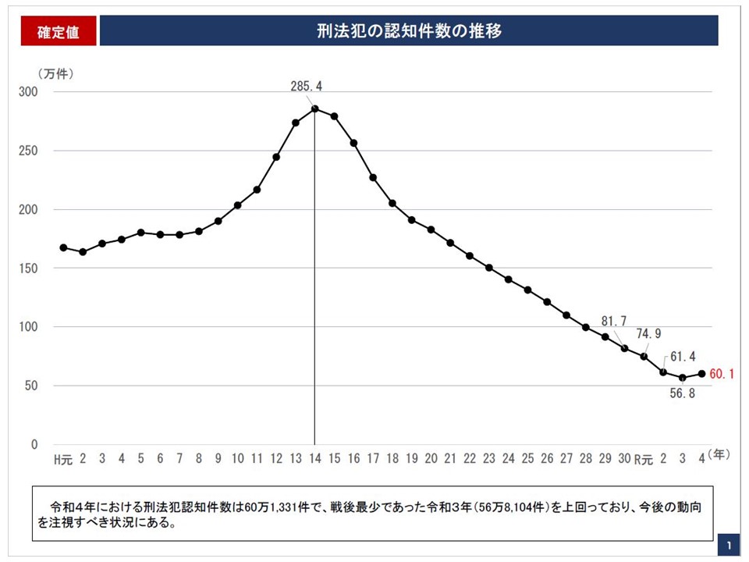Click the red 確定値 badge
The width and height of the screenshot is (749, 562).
coord(58,32)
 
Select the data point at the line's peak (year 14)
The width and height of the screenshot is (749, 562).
coord(314,109)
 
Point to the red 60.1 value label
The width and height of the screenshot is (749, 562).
coord(722,374)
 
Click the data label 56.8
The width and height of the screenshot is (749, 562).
coord(682,393)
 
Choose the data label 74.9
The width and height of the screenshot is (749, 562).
coord(648,334)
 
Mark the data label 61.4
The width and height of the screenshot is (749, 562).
coord(680,357)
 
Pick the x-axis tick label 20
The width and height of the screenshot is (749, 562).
coord(431,459)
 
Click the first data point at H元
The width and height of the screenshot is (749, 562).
coord(63,247)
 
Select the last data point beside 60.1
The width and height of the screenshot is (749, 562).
coord(701,374)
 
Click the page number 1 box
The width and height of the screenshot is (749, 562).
coord(729,544)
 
